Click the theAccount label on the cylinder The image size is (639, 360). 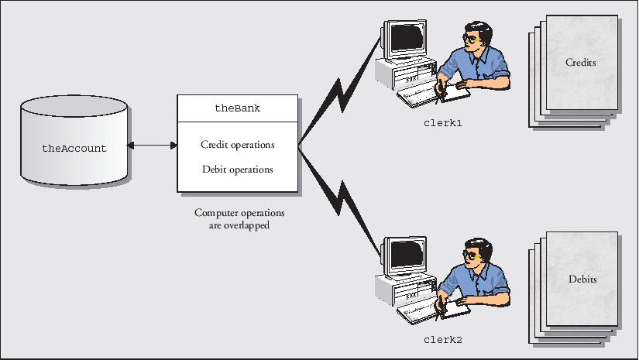pyautogui.click(x=74, y=148)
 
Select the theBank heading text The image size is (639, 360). pyautogui.click(x=237, y=108)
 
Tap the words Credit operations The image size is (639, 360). pyautogui.click(x=237, y=145)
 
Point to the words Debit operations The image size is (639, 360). pyautogui.click(x=237, y=169)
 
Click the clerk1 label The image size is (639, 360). pyautogui.click(x=442, y=122)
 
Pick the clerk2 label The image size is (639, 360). pyautogui.click(x=442, y=339)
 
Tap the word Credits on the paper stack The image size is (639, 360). pyautogui.click(x=580, y=63)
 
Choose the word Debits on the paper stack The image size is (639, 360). pyautogui.click(x=580, y=279)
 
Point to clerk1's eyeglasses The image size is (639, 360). pyautogui.click(x=470, y=37)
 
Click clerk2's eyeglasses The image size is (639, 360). pyautogui.click(x=470, y=254)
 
